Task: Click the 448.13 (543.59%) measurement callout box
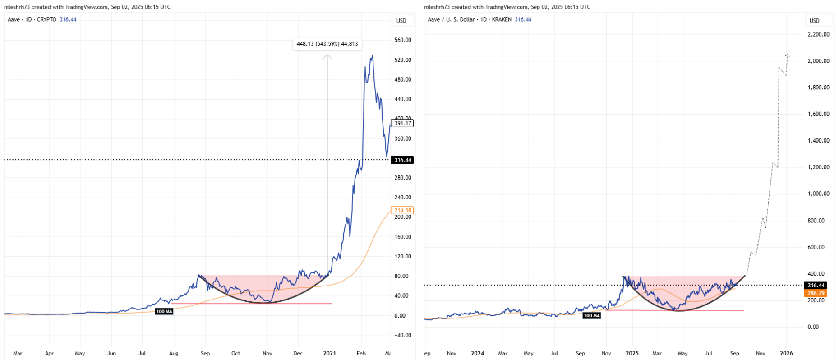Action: [327, 44]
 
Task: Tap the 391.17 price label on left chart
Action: [402, 123]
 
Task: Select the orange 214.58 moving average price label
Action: [402, 210]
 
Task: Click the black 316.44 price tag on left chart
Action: [402, 160]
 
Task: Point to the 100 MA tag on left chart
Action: [164, 311]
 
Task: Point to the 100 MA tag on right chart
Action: [591, 315]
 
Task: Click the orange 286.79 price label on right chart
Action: [816, 293]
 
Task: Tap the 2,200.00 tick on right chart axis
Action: [818, 34]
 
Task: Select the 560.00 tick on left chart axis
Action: [402, 40]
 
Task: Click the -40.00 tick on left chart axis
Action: [402, 335]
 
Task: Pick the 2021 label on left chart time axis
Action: [329, 353]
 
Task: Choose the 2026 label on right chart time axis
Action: [786, 353]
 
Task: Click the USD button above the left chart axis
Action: [401, 21]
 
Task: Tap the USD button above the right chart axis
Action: [815, 21]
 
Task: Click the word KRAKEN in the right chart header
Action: [501, 19]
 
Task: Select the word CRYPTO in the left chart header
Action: [46, 19]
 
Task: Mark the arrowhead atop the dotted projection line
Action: [788, 55]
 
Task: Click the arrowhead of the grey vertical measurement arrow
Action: [327, 57]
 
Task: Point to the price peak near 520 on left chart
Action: [372, 55]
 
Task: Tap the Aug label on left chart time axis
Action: [173, 353]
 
